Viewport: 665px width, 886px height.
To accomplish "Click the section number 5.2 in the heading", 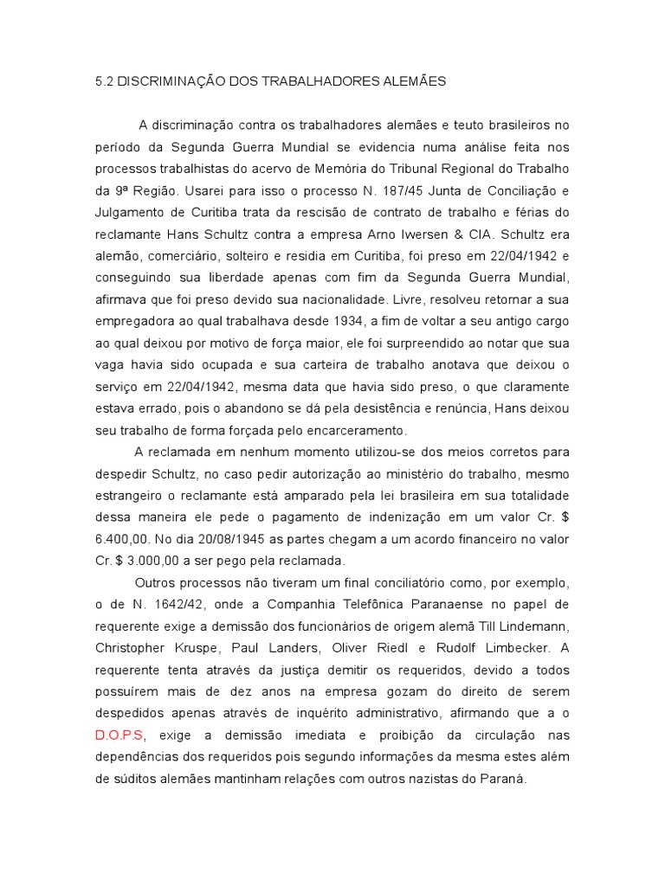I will click(x=102, y=81).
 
